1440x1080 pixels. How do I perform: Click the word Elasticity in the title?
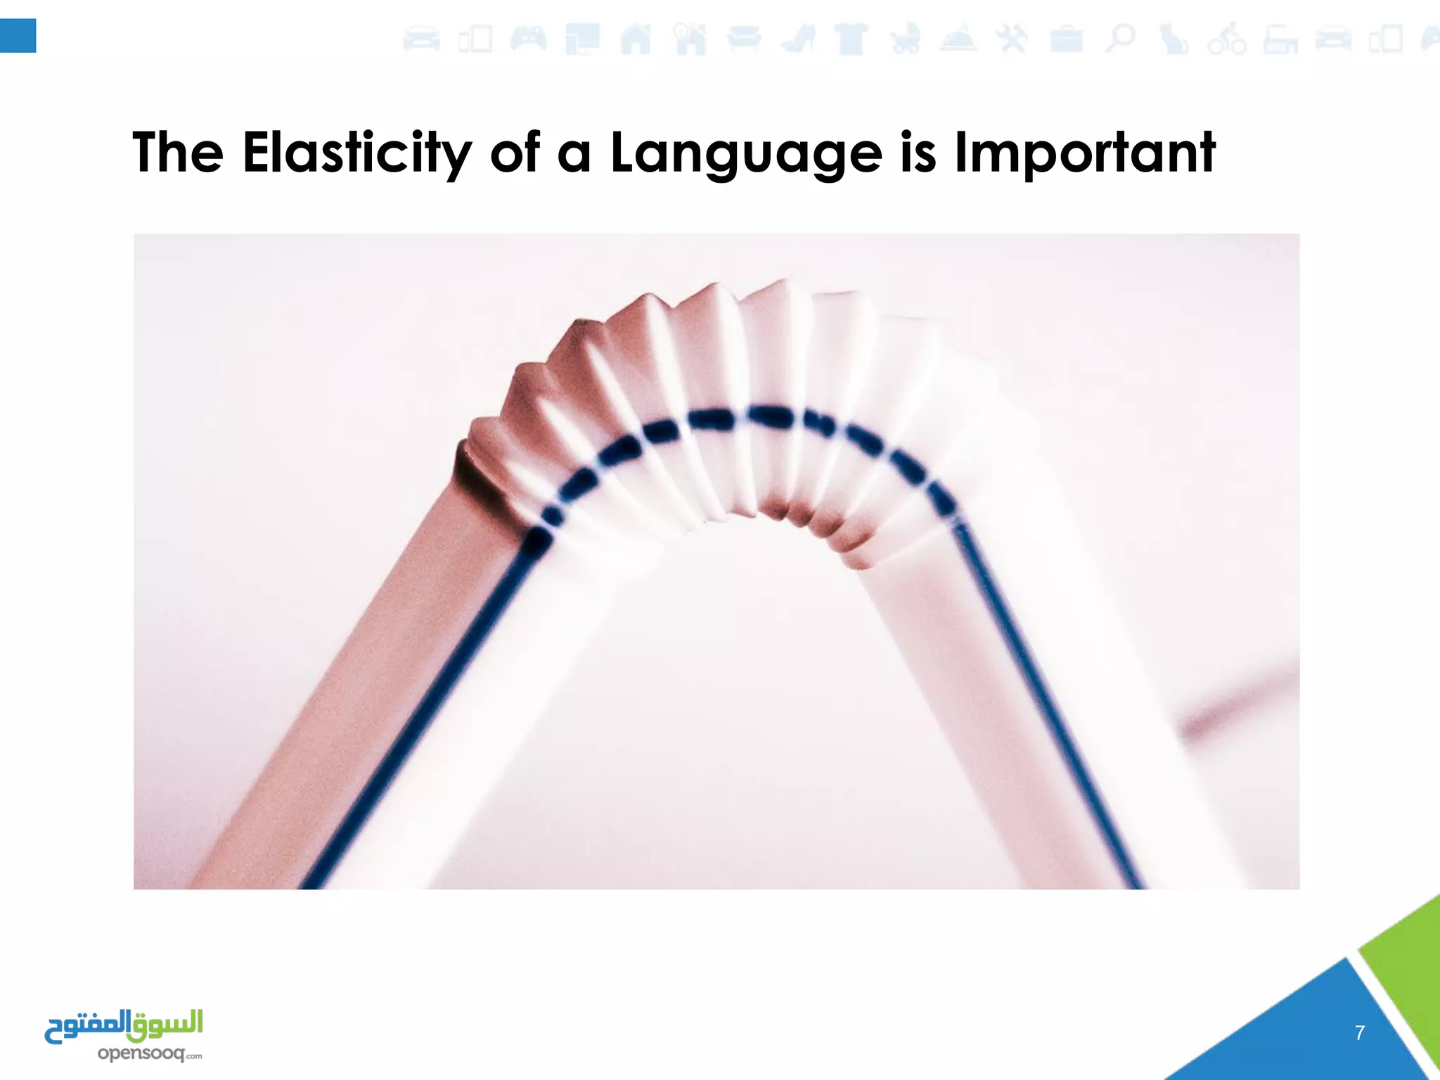[x=357, y=153]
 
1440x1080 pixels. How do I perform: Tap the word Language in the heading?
[x=746, y=153]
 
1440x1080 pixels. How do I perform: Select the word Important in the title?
[x=1085, y=153]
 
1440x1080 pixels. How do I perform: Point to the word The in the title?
[x=178, y=153]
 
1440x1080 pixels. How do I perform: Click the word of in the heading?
[x=515, y=153]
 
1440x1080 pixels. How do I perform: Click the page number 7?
[x=1360, y=1032]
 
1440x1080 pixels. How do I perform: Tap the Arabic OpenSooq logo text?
[x=124, y=1027]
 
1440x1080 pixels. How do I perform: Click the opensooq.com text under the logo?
[x=149, y=1053]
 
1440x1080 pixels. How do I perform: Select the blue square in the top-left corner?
[x=18, y=36]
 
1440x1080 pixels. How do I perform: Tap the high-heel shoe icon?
[x=797, y=39]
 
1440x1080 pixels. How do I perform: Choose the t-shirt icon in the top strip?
[x=851, y=39]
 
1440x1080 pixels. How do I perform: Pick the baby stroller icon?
[x=905, y=39]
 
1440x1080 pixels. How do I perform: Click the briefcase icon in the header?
[x=1067, y=39]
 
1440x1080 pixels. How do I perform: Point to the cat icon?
[x=1173, y=39]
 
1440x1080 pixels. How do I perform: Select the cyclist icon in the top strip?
[x=1227, y=39]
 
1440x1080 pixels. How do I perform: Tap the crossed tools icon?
[x=1012, y=39]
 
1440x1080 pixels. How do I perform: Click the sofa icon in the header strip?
[x=744, y=39]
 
